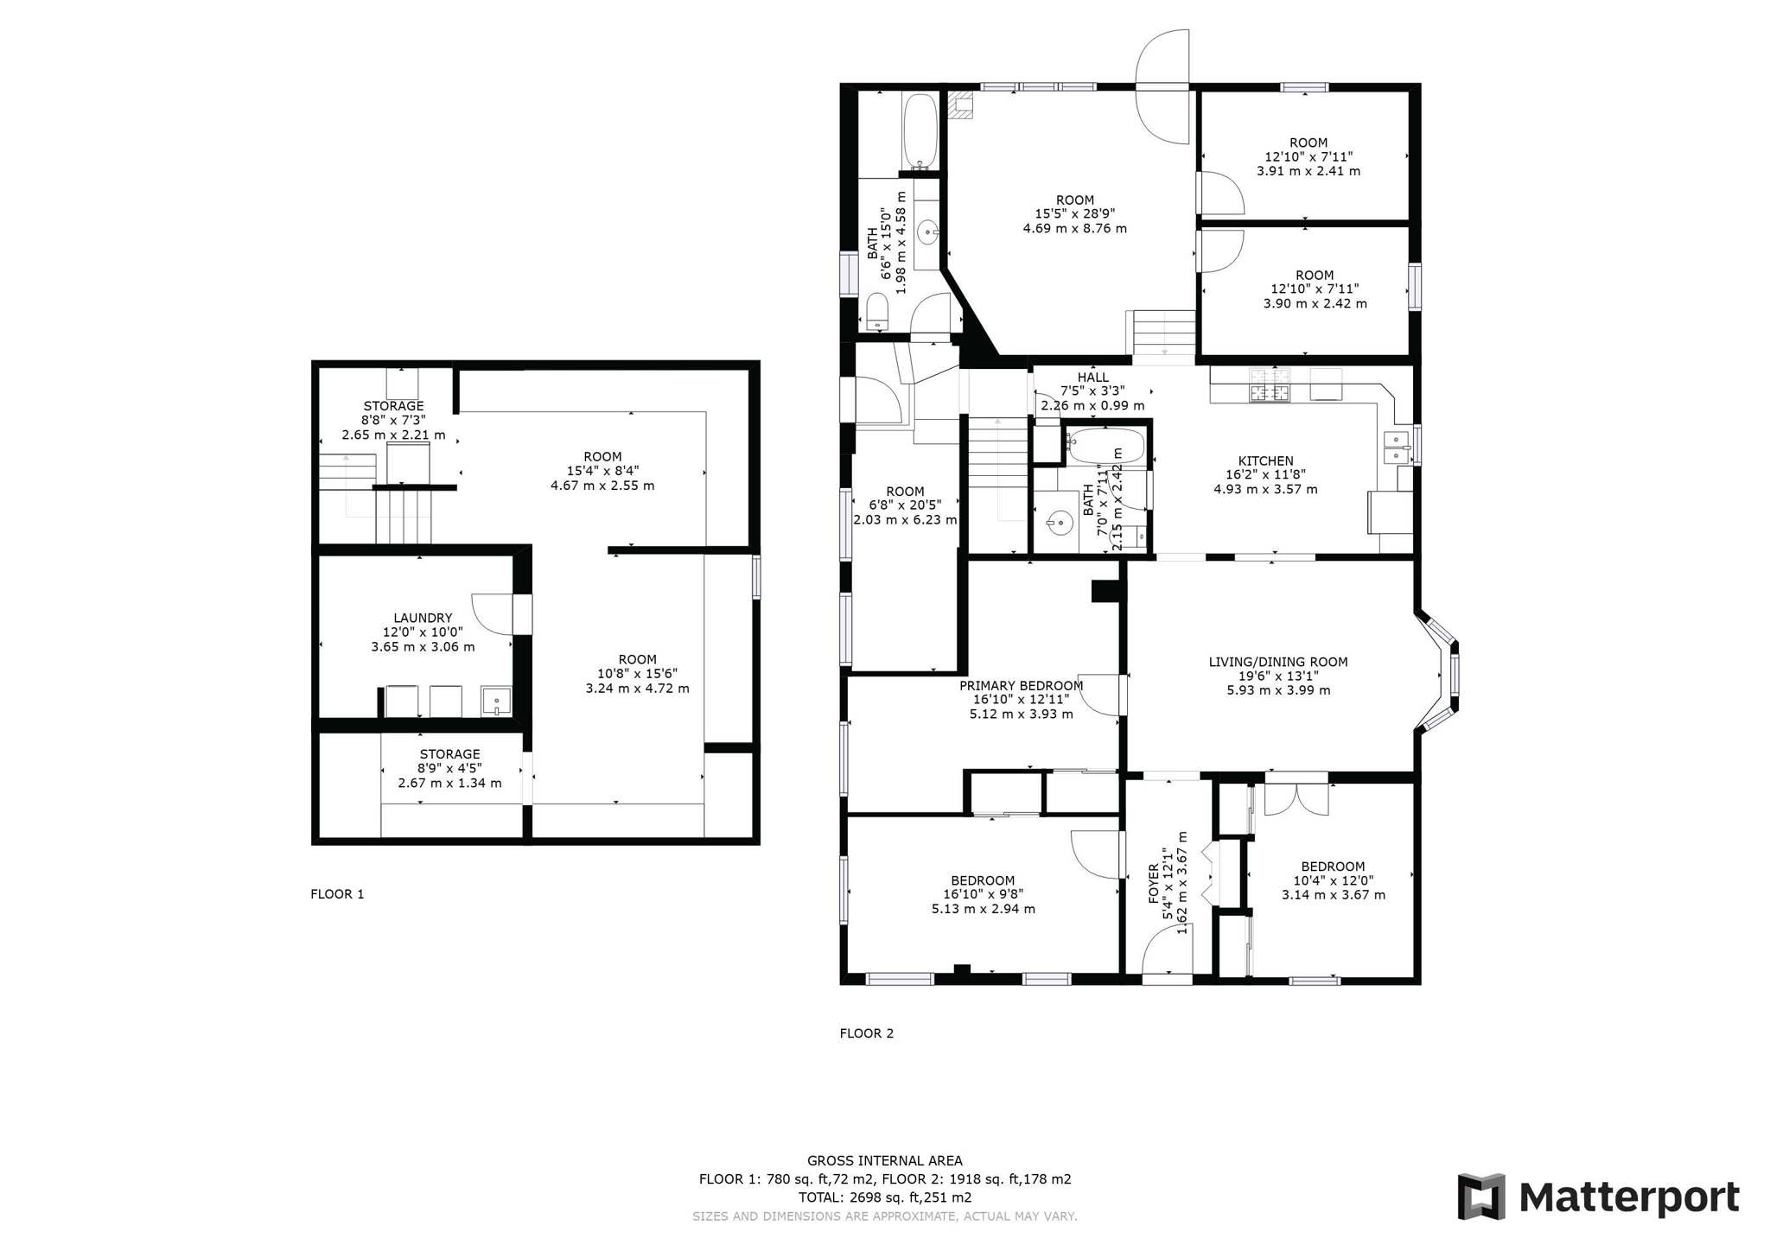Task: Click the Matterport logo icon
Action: point(1481,1197)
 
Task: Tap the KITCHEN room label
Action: point(1265,460)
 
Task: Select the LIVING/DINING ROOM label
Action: point(1277,662)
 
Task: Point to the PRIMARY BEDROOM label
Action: point(1021,685)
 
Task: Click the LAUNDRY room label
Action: point(423,618)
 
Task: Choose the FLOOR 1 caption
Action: point(337,894)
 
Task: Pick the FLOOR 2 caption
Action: point(867,1033)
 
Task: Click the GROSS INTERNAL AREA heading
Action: point(885,1161)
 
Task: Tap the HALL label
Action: point(1092,378)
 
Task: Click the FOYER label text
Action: point(1154,883)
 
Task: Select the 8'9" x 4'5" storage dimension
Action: point(449,768)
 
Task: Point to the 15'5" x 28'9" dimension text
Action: point(1075,213)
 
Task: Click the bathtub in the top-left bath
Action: point(920,130)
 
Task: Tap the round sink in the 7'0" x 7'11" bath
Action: point(1060,523)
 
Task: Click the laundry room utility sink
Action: point(496,701)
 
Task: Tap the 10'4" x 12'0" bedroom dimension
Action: point(1333,880)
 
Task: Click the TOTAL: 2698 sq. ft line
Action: point(885,1197)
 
